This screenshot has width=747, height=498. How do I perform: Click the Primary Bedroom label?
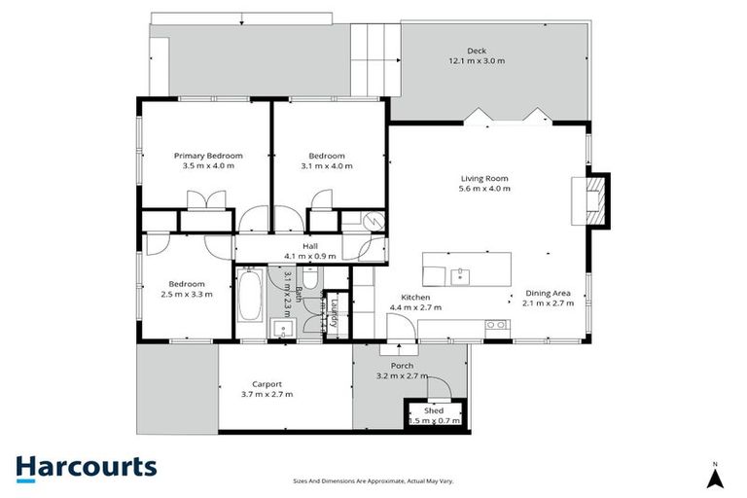[208, 156]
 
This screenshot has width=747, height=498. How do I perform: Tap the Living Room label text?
[484, 178]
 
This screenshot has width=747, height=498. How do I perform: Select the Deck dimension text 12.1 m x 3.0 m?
[476, 61]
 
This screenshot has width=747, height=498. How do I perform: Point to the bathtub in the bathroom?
[248, 298]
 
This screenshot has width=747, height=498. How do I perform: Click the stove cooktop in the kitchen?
[498, 325]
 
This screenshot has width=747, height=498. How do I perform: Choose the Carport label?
[267, 383]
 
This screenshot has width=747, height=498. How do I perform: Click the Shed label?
[434, 410]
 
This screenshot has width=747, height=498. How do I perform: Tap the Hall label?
[309, 246]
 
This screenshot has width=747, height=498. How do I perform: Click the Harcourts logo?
[86, 467]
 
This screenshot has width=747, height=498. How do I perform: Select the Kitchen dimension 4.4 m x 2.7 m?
[415, 307]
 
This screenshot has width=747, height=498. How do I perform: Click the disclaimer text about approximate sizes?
[373, 481]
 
